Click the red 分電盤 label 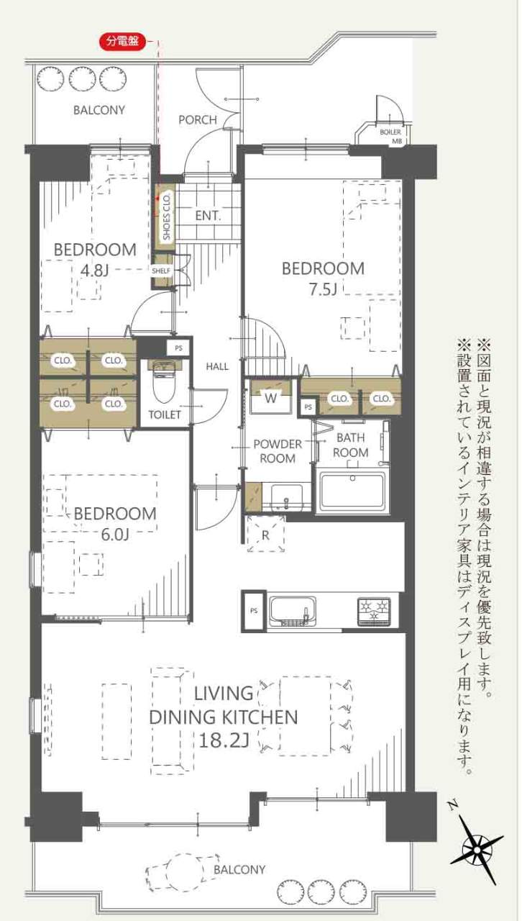(x=123, y=41)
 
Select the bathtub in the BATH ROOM (x=352, y=491)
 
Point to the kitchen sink (x=293, y=611)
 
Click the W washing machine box (x=271, y=398)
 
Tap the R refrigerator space (x=265, y=535)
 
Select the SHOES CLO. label (x=167, y=217)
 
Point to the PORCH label (x=198, y=120)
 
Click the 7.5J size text (x=323, y=290)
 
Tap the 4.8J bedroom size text (x=94, y=271)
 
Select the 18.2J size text (x=224, y=740)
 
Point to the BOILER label (x=390, y=132)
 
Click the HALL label (x=217, y=366)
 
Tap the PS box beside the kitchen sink (x=254, y=611)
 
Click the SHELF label (x=161, y=271)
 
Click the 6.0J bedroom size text (x=114, y=535)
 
